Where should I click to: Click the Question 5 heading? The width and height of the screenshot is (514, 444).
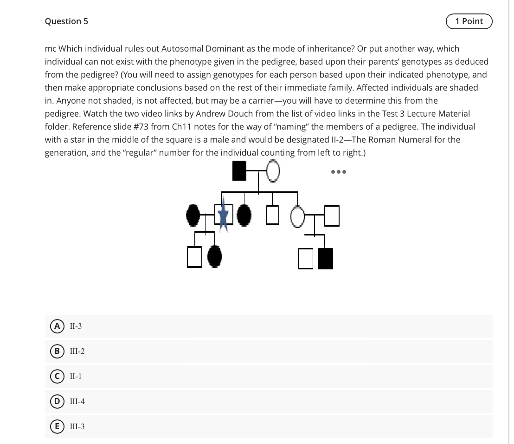[66, 21]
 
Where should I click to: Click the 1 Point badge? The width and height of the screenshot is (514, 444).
[469, 21]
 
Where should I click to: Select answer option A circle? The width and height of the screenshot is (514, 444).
[58, 326]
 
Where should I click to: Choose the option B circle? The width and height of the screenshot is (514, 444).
[58, 351]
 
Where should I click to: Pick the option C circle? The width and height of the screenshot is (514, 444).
[58, 376]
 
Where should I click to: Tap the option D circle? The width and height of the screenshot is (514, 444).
[58, 401]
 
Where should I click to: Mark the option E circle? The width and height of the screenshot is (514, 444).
[58, 426]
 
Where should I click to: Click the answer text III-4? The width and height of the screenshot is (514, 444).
[77, 401]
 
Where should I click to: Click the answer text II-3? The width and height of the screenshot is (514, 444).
[76, 326]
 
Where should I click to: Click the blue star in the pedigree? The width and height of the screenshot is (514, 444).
[224, 215]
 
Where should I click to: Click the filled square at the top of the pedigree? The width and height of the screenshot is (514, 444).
[239, 171]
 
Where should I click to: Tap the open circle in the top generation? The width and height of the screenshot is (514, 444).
[273, 171]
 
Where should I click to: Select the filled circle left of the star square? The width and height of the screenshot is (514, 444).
[193, 215]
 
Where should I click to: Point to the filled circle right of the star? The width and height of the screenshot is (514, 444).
[244, 215]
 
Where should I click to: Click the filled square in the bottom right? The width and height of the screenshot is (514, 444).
[326, 259]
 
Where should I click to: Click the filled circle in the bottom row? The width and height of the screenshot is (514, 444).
[214, 256]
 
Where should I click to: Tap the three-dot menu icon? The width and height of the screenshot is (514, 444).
[339, 172]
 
